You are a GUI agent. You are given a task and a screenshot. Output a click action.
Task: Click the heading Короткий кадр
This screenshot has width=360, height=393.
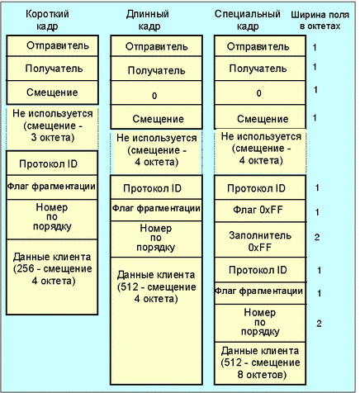coord(47,20)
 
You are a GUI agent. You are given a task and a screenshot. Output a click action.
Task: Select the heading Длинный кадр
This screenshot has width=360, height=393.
coord(148,20)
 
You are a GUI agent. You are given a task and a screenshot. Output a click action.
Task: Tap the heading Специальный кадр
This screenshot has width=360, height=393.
coord(248,20)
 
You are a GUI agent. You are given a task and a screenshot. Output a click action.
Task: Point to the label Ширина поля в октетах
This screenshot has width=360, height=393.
coord(320,21)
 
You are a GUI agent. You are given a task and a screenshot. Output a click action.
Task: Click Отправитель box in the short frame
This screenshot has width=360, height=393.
coord(52,45)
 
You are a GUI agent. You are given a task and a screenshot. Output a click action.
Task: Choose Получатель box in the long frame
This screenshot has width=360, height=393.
coord(156,69)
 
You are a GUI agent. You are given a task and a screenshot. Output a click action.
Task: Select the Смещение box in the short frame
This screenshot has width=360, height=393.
coord(52,92)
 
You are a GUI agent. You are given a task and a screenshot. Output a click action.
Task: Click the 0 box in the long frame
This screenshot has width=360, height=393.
coord(156,92)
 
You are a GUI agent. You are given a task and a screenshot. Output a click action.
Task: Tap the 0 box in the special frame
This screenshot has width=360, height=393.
coord(260,92)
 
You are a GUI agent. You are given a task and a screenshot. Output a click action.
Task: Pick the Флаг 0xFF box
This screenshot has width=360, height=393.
coord(260,211)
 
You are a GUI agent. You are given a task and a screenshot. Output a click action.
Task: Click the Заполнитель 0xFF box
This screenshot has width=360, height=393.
coord(260,240)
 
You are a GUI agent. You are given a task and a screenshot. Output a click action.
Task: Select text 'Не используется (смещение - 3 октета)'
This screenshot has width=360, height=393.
coord(53,125)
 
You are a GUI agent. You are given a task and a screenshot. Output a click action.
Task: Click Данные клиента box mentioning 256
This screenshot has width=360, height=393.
coord(52,277)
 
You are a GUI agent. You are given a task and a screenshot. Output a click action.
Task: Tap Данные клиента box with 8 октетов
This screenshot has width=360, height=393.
coord(260,363)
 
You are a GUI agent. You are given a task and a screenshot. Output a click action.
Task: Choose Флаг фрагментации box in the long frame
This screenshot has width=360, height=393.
coord(156,210)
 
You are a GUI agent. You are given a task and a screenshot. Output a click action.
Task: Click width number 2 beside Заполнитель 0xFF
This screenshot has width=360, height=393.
coord(317,237)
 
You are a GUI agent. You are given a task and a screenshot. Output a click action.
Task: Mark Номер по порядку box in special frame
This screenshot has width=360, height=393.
coord(260,323)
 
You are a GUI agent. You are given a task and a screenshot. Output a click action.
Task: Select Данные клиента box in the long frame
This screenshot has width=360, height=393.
coord(156,321)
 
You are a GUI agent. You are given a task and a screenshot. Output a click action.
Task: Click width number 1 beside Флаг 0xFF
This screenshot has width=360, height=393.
coord(317,212)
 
